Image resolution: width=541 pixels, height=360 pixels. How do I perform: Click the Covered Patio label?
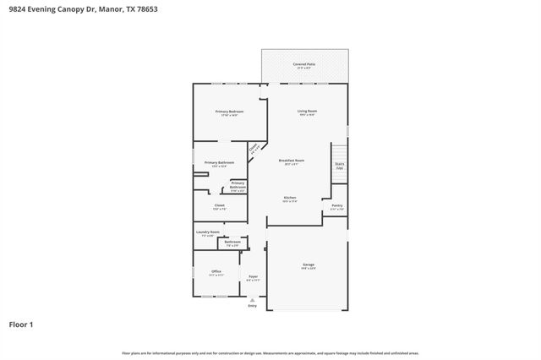coord(304,64)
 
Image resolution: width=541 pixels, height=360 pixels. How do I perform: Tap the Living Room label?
coord(306,112)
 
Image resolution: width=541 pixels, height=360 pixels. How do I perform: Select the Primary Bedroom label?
coord(229,112)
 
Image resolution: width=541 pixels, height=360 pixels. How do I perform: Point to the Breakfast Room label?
coord(291,161)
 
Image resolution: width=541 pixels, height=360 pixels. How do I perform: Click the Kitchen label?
coord(290,198)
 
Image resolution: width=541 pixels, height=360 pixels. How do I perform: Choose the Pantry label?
coord(336,205)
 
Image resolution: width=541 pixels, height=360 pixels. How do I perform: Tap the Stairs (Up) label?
coord(340,166)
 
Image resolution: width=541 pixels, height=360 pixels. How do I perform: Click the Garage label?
coord(308,265)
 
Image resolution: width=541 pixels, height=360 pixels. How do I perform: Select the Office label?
coord(216,271)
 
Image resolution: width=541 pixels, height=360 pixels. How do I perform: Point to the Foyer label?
coord(253,276)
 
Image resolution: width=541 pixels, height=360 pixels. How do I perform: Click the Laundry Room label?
coord(208,232)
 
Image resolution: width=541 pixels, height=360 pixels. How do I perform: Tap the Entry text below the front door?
coord(252,305)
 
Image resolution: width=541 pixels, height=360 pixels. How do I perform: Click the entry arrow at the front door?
coord(252,298)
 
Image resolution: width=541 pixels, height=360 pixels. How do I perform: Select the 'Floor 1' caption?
coord(21,324)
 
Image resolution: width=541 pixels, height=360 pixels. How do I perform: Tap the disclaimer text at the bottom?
coord(270,352)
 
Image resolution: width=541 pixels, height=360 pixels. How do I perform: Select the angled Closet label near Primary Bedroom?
coord(254,149)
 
